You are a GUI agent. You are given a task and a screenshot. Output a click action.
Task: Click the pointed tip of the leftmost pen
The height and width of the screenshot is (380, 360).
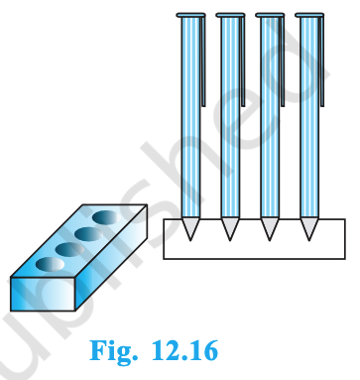(190, 236)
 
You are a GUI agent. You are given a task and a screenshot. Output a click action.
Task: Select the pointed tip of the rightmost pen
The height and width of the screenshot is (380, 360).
(309, 236)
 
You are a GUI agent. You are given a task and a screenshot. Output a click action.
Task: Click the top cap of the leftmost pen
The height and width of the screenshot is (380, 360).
(188, 16)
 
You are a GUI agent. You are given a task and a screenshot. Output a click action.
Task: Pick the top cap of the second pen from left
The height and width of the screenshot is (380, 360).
(229, 16)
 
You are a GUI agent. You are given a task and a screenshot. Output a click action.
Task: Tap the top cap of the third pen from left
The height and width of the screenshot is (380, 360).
(269, 16)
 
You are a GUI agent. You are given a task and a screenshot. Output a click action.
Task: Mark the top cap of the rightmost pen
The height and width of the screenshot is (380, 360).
(308, 16)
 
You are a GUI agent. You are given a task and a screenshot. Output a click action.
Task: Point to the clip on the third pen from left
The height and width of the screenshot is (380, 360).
(282, 60)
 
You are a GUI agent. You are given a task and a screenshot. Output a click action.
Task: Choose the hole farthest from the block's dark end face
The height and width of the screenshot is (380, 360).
(104, 215)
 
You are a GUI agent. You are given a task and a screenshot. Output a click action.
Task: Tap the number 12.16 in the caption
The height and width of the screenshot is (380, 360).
(184, 351)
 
